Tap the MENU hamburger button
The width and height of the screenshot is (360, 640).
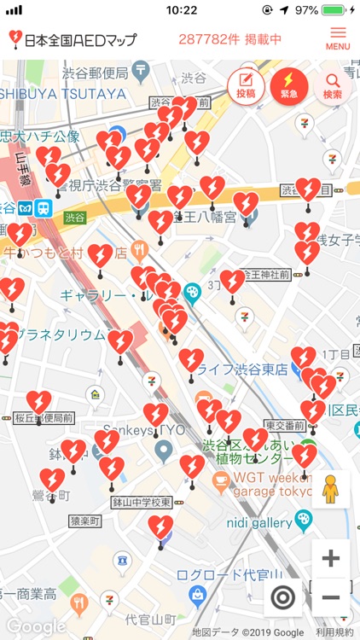(338, 38)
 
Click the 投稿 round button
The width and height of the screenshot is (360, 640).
(246, 86)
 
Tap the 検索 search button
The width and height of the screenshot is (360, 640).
(333, 86)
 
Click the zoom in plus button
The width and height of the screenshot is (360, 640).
(330, 559)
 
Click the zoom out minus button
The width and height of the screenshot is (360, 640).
(330, 597)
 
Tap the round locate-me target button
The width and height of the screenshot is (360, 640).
(283, 597)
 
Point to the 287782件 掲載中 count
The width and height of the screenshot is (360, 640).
(229, 39)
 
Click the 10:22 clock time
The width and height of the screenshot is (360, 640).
(181, 10)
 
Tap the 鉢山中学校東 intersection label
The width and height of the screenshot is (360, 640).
(142, 503)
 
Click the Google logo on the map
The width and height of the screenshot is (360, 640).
(35, 625)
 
